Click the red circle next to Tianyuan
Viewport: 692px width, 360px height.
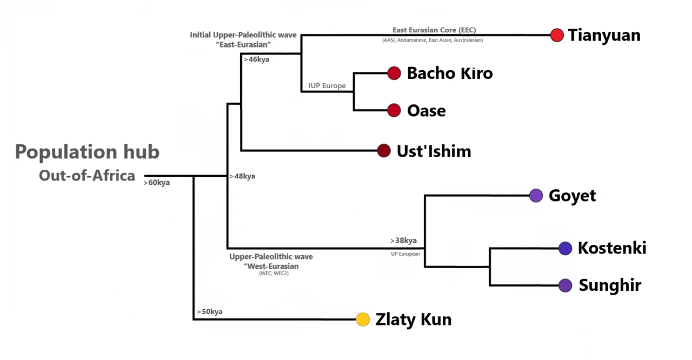point(557,35)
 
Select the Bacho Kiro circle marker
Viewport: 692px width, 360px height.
point(394,73)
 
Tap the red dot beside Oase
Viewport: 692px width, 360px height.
point(394,111)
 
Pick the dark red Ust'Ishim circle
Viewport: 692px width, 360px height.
point(384,151)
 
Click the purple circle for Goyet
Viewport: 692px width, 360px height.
point(536,195)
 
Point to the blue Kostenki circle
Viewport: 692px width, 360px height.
point(565,248)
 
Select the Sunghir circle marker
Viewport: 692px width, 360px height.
point(565,285)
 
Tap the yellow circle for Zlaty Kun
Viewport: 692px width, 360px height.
point(363,319)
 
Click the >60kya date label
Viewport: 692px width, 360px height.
point(157,183)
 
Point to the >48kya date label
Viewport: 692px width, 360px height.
point(242,176)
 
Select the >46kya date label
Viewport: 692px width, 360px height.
point(256,59)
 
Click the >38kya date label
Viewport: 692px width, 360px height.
point(403,241)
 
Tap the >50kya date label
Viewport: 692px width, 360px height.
point(209,312)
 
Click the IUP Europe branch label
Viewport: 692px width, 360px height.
point(327,86)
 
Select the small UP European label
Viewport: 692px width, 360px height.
point(405,254)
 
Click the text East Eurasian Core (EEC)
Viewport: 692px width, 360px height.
point(434,30)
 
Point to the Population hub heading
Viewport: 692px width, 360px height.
point(87,152)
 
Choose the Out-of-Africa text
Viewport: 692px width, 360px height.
point(87,175)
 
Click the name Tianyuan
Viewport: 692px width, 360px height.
point(604,35)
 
